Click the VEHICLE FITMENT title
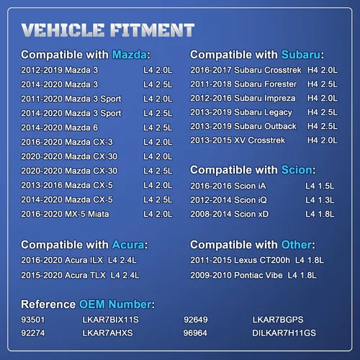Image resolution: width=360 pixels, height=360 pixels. pyautogui.click(x=108, y=30)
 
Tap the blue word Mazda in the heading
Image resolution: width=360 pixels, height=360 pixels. pyautogui.click(x=130, y=55)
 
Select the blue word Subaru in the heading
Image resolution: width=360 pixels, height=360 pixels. pyautogui.click(x=301, y=55)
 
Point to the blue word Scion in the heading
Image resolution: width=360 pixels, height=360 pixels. pyautogui.click(x=297, y=170)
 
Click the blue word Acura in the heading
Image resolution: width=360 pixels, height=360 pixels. pyautogui.click(x=128, y=245)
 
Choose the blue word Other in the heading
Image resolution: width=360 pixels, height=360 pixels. pyautogui.click(x=297, y=245)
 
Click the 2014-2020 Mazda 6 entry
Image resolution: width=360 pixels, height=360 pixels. pyautogui.click(x=60, y=127)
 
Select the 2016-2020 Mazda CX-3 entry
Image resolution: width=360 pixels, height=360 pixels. pyautogui.click(x=67, y=142)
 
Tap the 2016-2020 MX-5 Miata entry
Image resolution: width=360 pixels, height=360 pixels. pyautogui.click(x=65, y=214)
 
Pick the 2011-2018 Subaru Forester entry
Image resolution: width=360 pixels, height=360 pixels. pyautogui.click(x=243, y=84)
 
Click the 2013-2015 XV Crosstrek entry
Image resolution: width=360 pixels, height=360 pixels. pyautogui.click(x=238, y=140)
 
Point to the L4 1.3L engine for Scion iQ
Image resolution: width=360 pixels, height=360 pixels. pyautogui.click(x=320, y=200)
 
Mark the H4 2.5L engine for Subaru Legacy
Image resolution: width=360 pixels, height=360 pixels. pyautogui.click(x=323, y=112)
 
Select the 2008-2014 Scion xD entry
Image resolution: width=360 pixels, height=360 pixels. pyautogui.click(x=230, y=214)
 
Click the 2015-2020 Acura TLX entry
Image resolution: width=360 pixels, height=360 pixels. pyautogui.click(x=63, y=275)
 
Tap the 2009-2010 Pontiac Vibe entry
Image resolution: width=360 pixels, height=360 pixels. pyautogui.click(x=236, y=275)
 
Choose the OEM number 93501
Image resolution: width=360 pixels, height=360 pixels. pyautogui.click(x=33, y=320)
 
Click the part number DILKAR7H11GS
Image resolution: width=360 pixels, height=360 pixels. pyautogui.click(x=284, y=333)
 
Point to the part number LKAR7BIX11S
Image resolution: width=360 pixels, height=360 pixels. pyautogui.click(x=110, y=320)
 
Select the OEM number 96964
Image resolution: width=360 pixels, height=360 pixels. pyautogui.click(x=195, y=333)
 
